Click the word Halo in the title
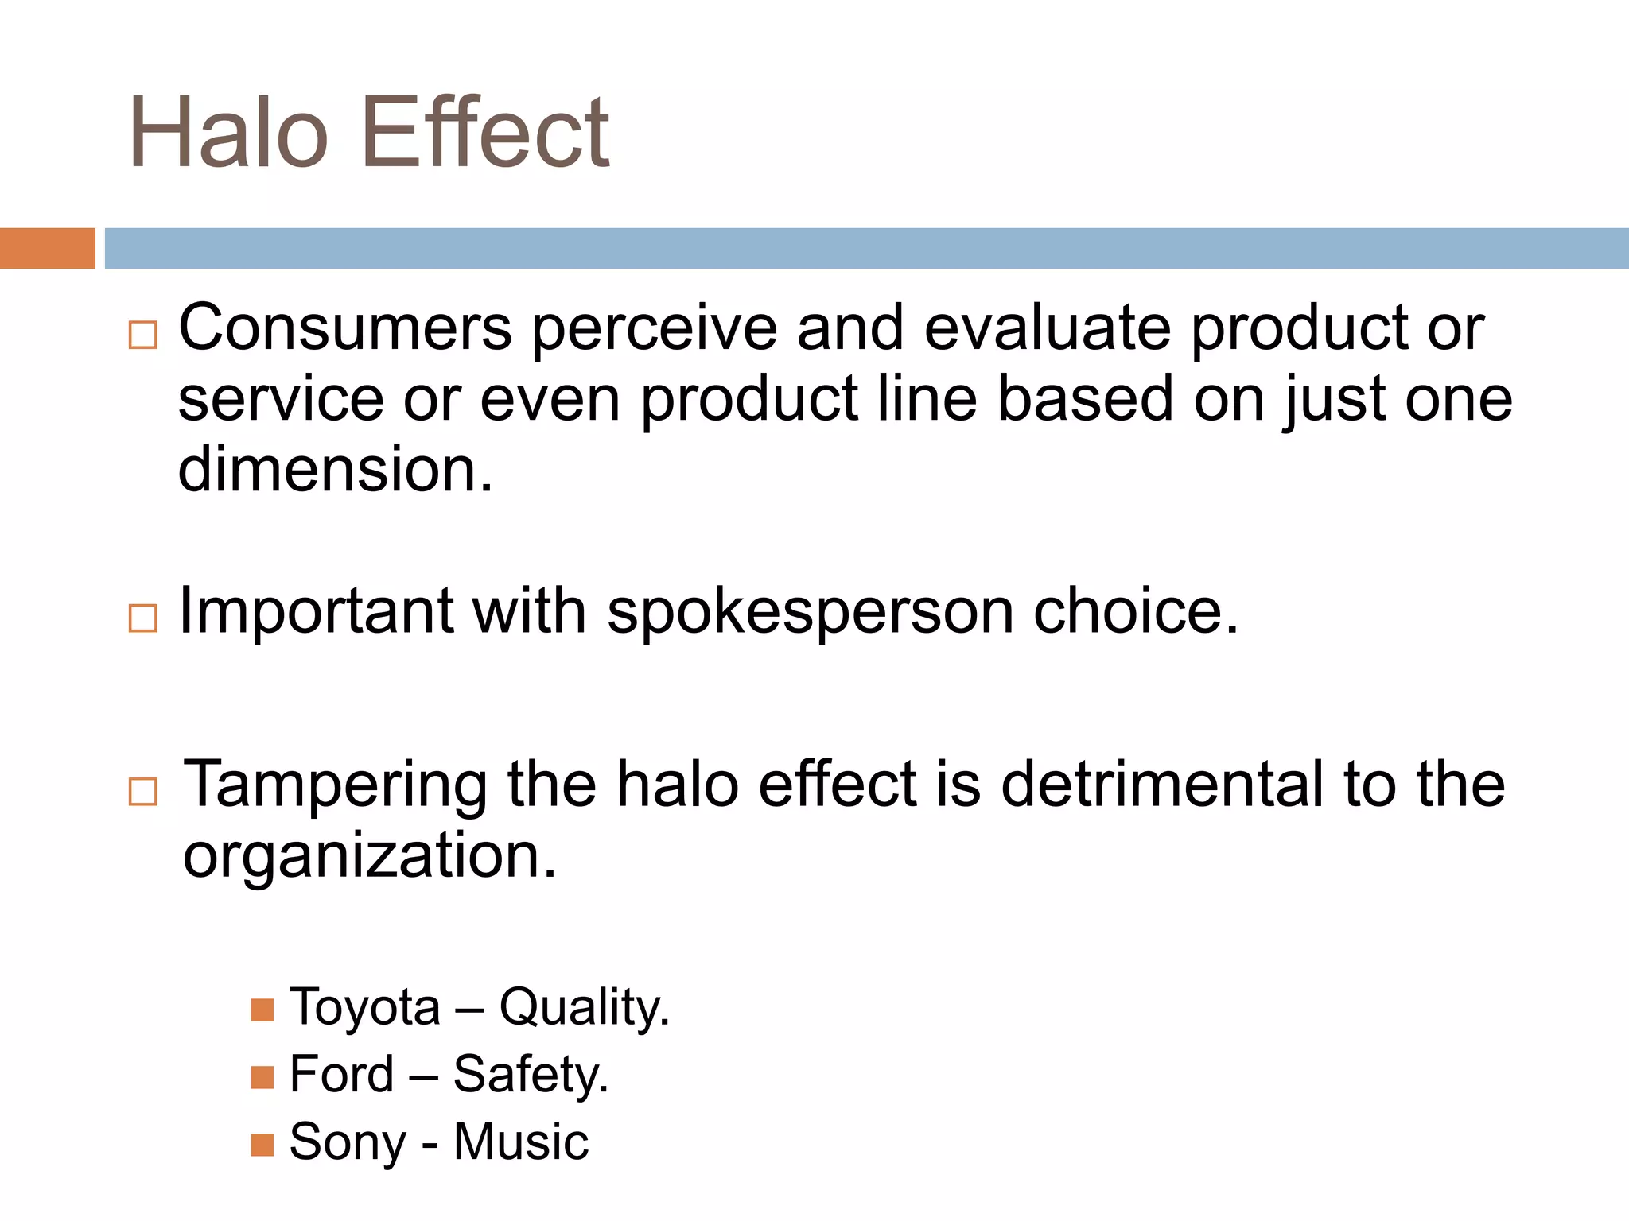pos(228,134)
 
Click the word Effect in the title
pos(485,134)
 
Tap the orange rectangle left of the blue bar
pos(47,248)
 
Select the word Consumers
pos(345,328)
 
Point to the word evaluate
pos(1048,328)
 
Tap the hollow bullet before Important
pos(143,618)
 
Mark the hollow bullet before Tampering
pos(143,792)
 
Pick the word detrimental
pos(1162,785)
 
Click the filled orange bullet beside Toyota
pos(262,1010)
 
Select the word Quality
pos(584,1008)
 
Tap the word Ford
pos(341,1075)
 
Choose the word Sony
pos(348,1143)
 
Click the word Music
pos(521,1142)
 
